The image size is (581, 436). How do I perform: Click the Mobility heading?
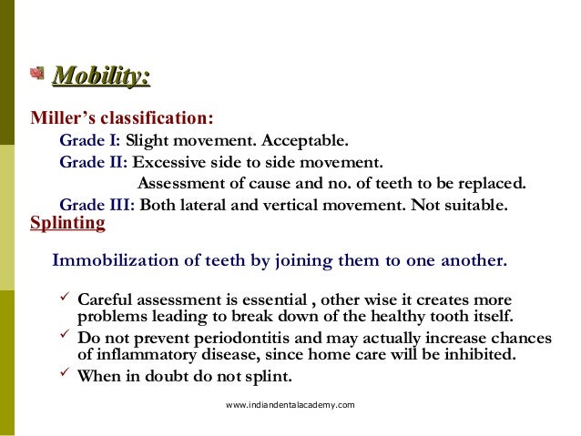(x=101, y=77)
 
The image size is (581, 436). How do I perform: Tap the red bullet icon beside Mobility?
(x=38, y=74)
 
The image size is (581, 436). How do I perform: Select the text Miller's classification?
(x=122, y=118)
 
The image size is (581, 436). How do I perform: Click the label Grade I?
(x=90, y=141)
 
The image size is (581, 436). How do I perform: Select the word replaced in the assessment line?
(x=492, y=183)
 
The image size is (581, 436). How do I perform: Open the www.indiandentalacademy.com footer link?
(x=290, y=404)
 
